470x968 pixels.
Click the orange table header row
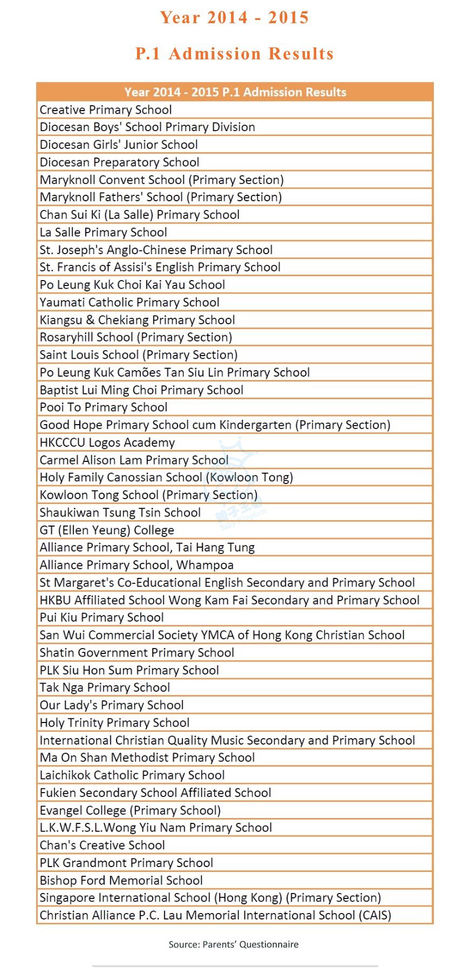(235, 92)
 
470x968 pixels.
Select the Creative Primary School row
(106, 110)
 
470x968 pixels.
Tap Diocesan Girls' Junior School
(119, 145)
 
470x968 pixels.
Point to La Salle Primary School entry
(103, 232)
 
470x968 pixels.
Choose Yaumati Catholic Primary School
(130, 302)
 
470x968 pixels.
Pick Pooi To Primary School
(104, 407)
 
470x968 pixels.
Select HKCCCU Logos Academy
(107, 442)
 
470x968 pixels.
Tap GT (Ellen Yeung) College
(107, 530)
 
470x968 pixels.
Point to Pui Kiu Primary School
(101, 617)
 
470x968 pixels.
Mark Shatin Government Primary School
(137, 652)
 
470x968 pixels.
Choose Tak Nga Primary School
(105, 687)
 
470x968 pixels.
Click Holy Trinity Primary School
(114, 722)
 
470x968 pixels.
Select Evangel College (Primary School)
(130, 810)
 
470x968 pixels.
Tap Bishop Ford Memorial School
(121, 881)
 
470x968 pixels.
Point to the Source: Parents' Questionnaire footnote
(234, 944)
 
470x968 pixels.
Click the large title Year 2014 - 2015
(235, 17)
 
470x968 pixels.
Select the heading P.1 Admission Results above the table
(235, 53)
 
